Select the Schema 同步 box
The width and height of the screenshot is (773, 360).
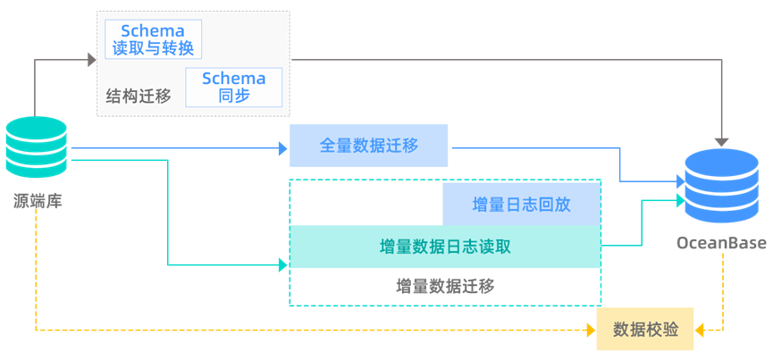(x=234, y=87)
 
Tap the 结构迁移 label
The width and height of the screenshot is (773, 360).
(x=139, y=96)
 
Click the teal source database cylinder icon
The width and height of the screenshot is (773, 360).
(x=36, y=147)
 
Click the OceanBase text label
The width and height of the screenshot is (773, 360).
(x=720, y=244)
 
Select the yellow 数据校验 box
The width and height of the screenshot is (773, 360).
(x=645, y=330)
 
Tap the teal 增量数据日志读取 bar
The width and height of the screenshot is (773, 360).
(x=445, y=247)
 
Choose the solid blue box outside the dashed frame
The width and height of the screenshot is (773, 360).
(x=368, y=146)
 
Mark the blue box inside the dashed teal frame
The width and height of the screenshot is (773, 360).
(x=521, y=204)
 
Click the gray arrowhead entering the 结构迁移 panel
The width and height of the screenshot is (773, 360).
(x=91, y=60)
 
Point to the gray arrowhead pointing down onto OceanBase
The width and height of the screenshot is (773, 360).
(x=721, y=142)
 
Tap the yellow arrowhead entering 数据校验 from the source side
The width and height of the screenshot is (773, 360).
(x=590, y=331)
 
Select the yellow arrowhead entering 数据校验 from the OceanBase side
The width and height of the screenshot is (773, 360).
(x=701, y=331)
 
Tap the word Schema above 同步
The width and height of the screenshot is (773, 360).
(x=234, y=78)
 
